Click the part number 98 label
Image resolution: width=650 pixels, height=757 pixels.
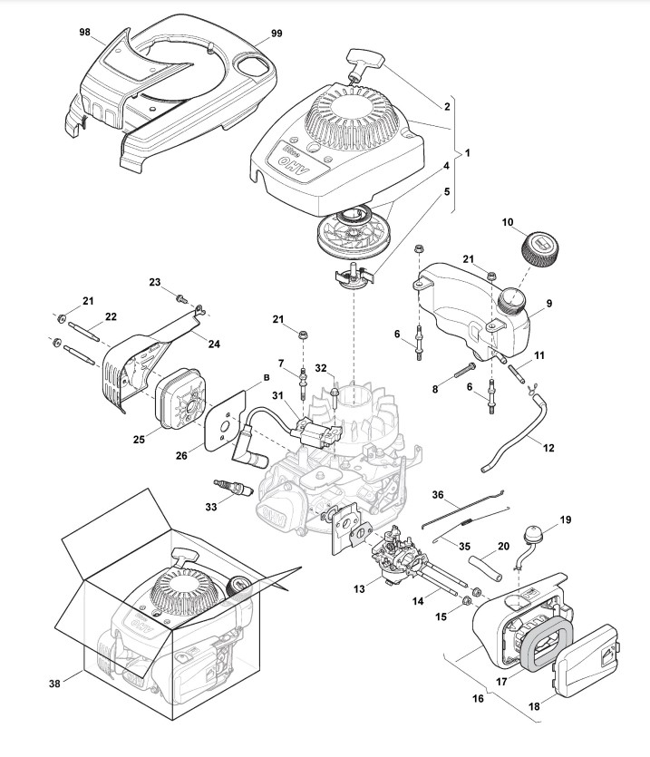84,32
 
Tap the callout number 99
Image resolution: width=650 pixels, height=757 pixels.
276,34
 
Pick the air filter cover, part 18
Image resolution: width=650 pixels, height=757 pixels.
588,660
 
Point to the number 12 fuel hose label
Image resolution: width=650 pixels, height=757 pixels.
548,447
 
